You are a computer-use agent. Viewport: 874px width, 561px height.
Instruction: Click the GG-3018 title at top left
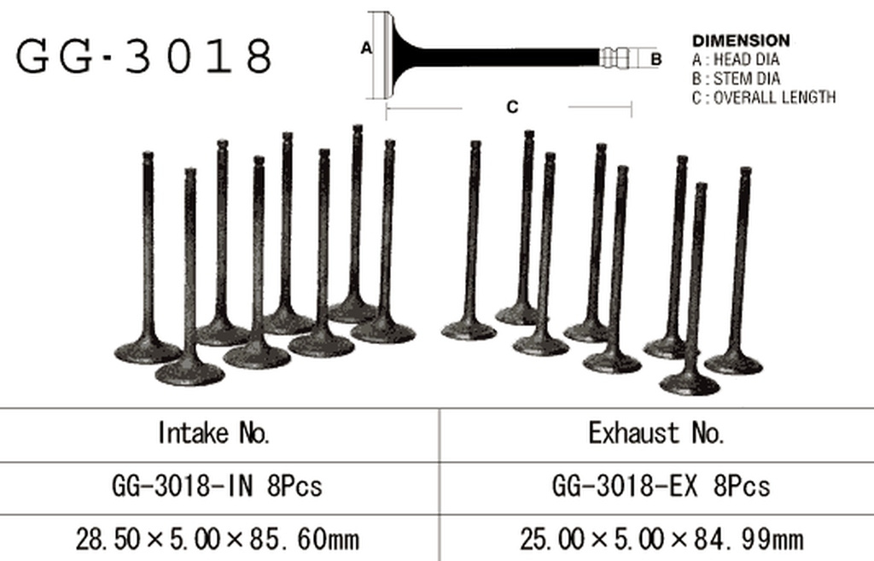(x=143, y=56)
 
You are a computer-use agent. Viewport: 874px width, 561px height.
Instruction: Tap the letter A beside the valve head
(x=365, y=49)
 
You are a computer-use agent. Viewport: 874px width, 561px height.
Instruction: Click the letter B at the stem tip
(x=656, y=59)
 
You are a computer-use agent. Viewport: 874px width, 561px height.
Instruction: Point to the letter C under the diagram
(x=512, y=107)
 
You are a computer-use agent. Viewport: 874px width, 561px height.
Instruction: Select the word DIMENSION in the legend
(x=741, y=41)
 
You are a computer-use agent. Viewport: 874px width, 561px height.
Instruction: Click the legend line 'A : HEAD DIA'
(x=735, y=59)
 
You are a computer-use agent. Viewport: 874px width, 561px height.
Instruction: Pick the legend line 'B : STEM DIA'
(x=736, y=78)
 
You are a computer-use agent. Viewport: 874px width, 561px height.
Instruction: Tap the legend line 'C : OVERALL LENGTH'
(x=764, y=97)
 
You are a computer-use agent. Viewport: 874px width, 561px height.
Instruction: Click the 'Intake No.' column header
(x=214, y=433)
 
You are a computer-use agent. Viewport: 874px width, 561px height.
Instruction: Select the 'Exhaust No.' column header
(x=656, y=433)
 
